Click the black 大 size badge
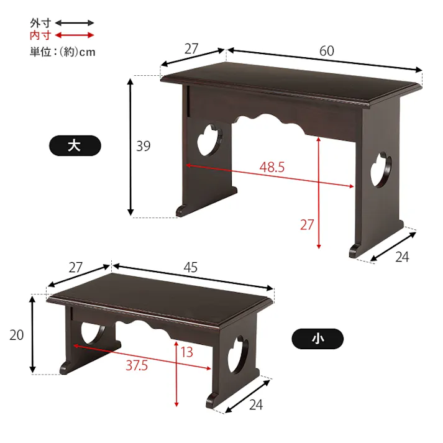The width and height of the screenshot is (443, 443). coord(75,146)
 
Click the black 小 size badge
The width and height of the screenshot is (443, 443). coord(317,339)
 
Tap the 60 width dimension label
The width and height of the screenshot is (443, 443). coord(327,51)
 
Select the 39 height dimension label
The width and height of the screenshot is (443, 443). coord(144,146)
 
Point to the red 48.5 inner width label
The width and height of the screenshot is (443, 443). coord(272,167)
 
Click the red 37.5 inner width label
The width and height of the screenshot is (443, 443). coord(137,365)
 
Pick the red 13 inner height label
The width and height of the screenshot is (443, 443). coord(186,352)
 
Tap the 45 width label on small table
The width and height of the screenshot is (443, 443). coord(190,267)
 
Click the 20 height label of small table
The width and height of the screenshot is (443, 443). coord(16,335)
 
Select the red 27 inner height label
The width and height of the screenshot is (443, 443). coord(307,225)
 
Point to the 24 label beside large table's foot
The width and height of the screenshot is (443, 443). coord(402,257)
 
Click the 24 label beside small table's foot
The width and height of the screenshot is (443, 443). coord(256,405)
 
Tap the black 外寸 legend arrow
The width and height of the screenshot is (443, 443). coord(75,23)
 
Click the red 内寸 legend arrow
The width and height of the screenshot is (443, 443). coord(75,35)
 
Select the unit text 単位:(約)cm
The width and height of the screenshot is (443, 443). coord(62,52)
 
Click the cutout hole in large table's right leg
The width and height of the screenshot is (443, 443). coord(381,170)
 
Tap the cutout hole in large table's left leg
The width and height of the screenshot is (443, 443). coord(209,140)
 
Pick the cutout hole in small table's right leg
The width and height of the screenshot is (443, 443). coord(238,354)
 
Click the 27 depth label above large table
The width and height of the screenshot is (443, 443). coord(191,49)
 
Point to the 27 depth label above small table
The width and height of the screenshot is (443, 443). coord(75,267)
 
